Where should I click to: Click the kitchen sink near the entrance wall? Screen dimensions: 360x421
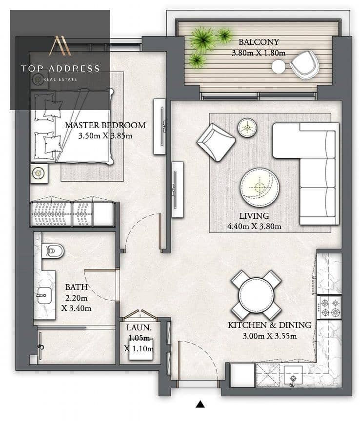click(x=293, y=376)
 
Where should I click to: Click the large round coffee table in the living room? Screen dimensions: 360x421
click(x=260, y=187)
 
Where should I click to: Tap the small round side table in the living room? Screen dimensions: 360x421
click(x=247, y=128)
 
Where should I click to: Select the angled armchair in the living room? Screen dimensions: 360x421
click(x=217, y=142)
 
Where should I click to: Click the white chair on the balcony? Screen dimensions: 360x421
click(x=305, y=65)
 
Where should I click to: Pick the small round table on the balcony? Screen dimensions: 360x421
click(x=278, y=67)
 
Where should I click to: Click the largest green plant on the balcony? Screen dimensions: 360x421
click(x=202, y=39)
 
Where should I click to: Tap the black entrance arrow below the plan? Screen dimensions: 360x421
click(x=200, y=404)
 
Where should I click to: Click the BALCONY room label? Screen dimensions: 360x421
click(x=259, y=42)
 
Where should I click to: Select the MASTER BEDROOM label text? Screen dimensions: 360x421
click(x=105, y=125)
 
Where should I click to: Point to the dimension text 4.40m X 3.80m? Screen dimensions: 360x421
click(x=254, y=227)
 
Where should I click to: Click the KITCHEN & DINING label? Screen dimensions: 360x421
click(x=269, y=325)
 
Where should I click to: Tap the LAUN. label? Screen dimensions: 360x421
click(x=139, y=327)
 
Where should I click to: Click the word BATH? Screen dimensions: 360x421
click(x=77, y=287)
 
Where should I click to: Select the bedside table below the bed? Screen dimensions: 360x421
click(x=39, y=173)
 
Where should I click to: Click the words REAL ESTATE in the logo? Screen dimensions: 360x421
click(x=60, y=79)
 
